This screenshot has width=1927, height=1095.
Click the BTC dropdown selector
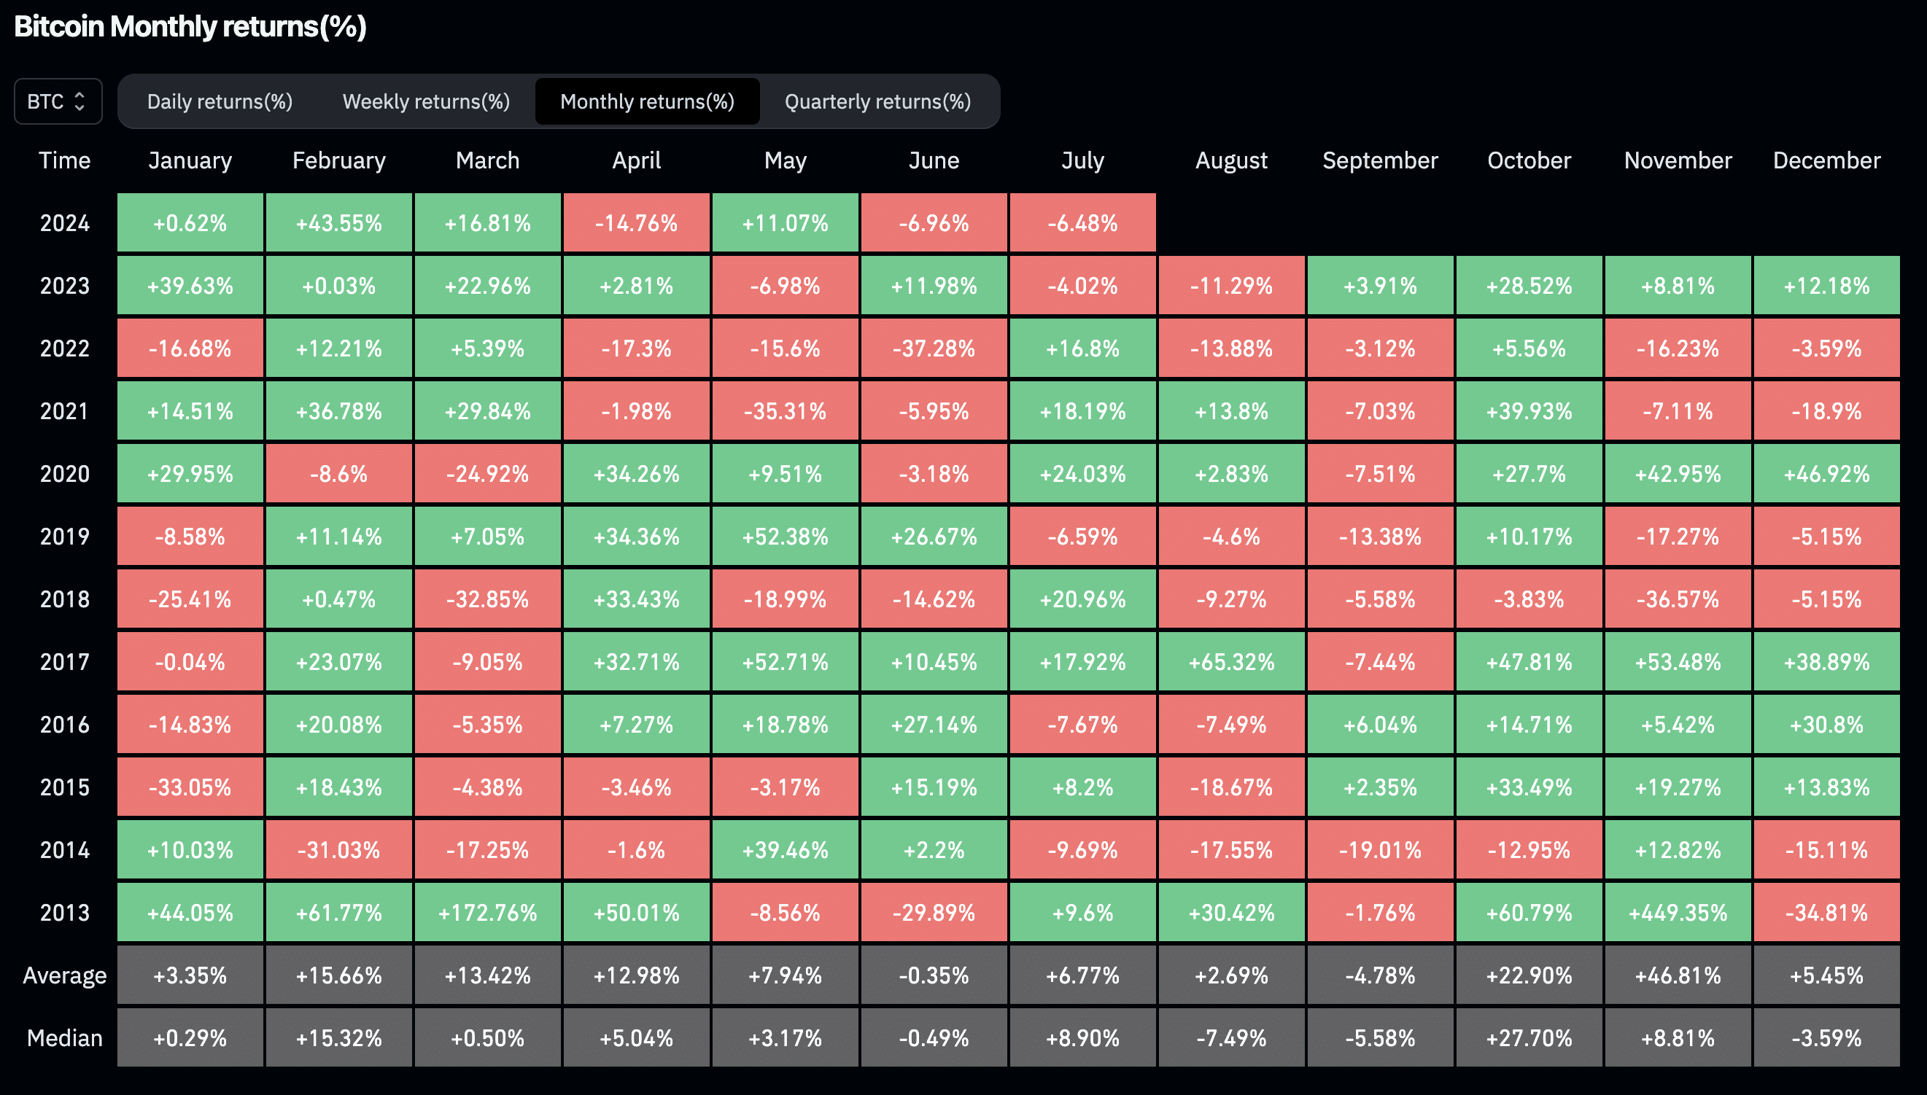[x=58, y=101]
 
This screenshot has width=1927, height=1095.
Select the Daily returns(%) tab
[x=220, y=101]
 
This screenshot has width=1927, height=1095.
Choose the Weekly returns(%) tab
[x=426, y=101]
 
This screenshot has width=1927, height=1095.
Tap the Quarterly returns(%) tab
[x=877, y=101]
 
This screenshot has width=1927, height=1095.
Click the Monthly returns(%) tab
[x=647, y=101]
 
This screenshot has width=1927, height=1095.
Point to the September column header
[x=1380, y=160]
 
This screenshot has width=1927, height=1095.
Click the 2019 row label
[x=65, y=537]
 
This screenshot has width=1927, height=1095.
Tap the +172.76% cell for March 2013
[x=487, y=912]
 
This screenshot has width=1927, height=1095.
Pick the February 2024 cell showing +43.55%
[x=338, y=222]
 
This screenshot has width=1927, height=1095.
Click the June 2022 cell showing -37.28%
[x=934, y=348]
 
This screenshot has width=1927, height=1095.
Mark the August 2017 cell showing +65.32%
[x=1232, y=662]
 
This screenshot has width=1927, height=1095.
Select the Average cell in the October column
[x=1529, y=975]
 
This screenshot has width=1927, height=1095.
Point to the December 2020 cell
[x=1827, y=474]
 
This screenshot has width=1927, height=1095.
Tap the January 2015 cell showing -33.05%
[x=190, y=787]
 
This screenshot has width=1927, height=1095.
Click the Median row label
[x=65, y=1038]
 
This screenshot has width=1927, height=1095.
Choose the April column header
[x=637, y=160]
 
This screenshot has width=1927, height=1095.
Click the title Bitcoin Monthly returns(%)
[x=190, y=27]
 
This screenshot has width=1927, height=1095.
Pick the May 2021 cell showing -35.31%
[x=785, y=410]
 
